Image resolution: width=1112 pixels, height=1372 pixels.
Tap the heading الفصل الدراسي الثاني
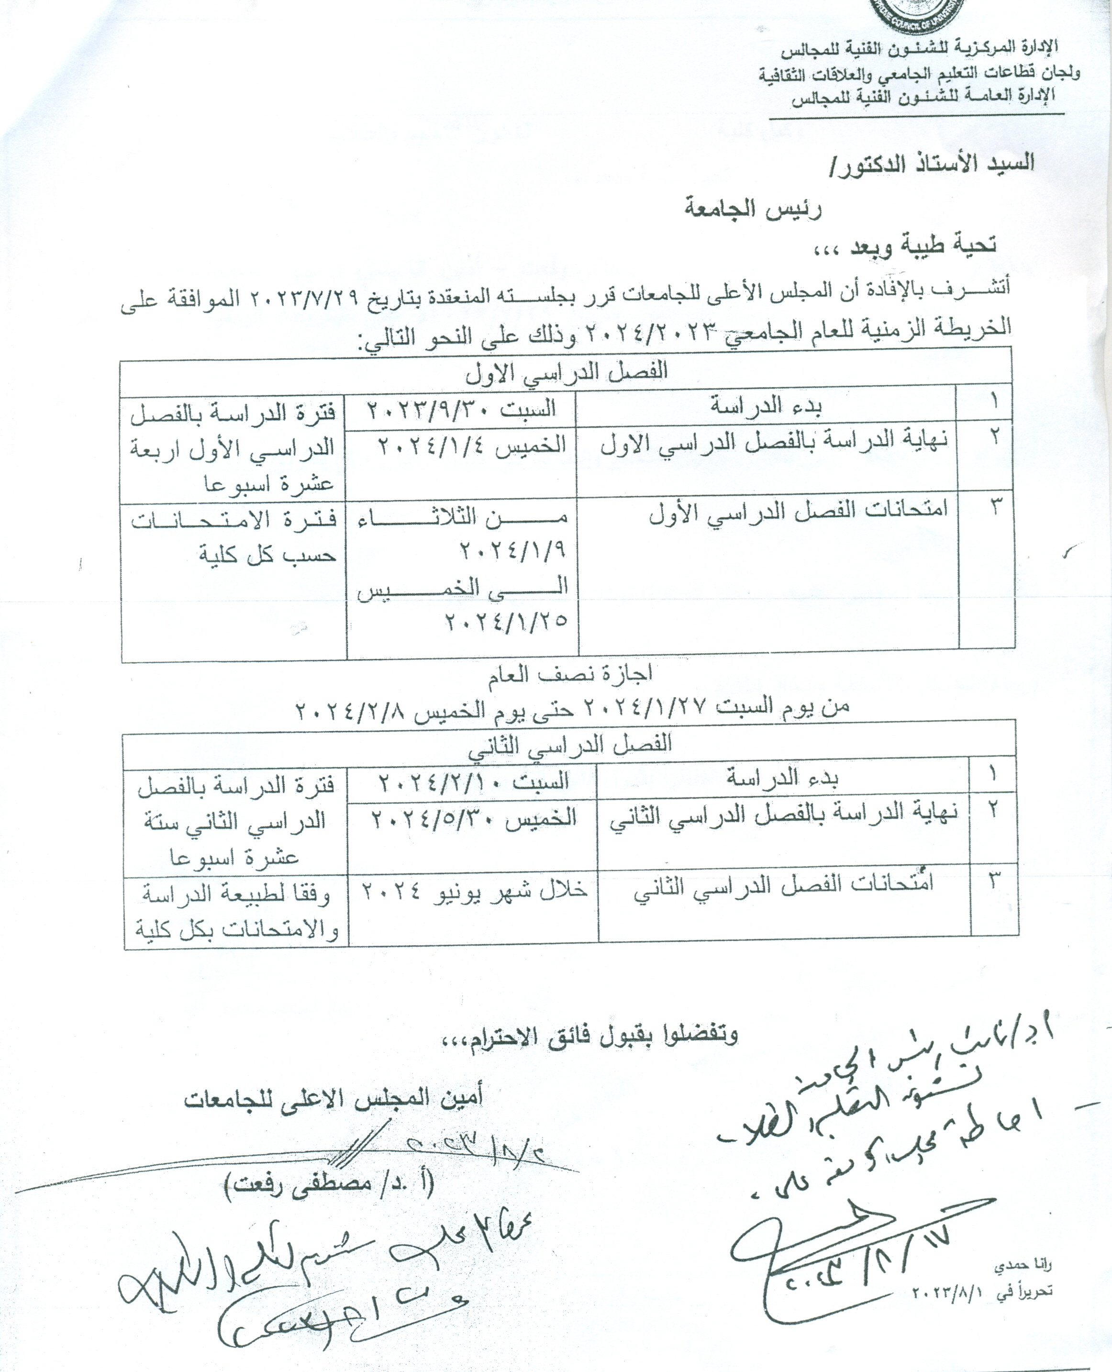click(569, 745)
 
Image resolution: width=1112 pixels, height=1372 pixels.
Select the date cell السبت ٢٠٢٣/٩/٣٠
click(461, 409)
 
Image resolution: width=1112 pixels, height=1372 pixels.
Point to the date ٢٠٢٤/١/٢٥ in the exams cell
click(507, 621)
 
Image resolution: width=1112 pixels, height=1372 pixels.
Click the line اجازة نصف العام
click(569, 672)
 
